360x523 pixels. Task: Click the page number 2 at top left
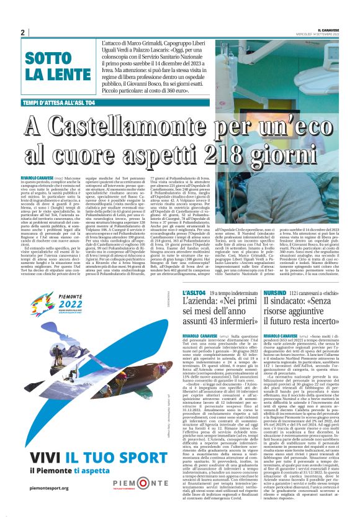[x=23, y=32]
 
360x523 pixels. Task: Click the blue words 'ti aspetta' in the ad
[x=111, y=470]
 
